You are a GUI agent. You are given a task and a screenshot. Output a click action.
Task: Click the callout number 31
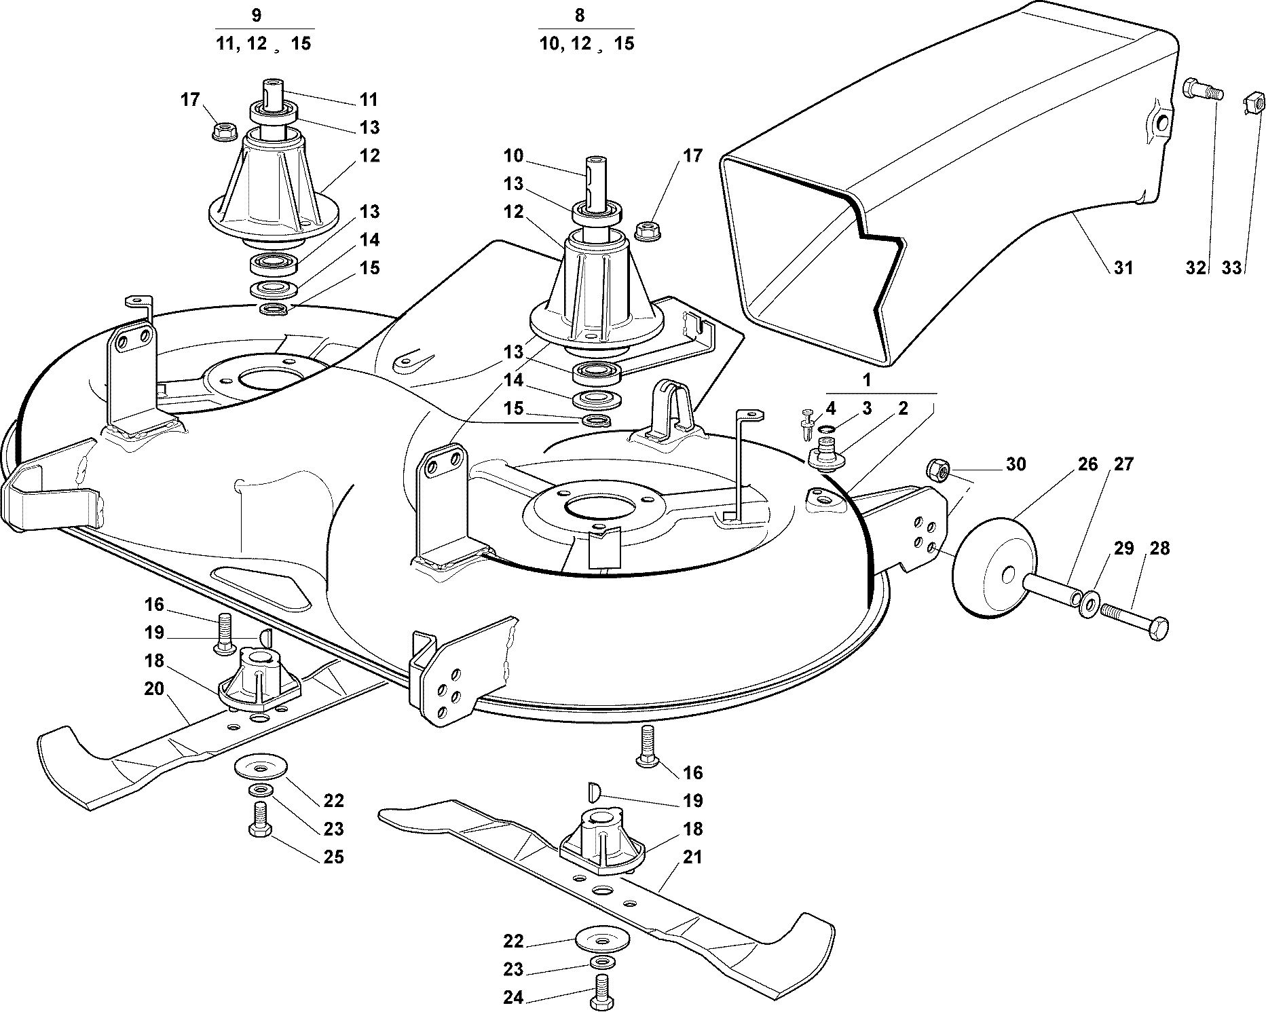coord(1124,268)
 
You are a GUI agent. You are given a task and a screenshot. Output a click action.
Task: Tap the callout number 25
coord(334,857)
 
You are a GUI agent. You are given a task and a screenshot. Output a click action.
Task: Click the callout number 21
coord(692,857)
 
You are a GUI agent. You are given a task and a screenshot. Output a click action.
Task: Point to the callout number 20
coord(154,688)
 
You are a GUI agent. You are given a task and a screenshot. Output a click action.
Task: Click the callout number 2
coord(903,408)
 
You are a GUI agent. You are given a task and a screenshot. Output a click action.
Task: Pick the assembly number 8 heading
coord(579,15)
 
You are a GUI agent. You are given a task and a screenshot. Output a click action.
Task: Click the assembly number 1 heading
coord(867,380)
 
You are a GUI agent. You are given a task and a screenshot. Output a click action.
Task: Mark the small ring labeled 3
coord(826,429)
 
